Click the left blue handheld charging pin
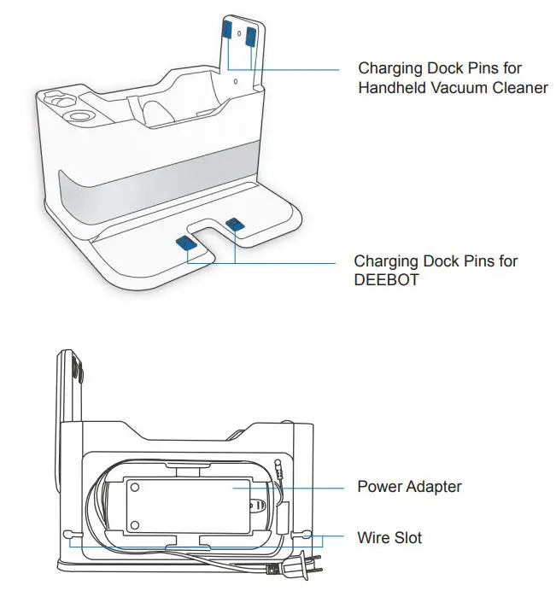[227, 31]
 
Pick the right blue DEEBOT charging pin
[234, 225]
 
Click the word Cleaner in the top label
[521, 88]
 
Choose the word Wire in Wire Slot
[373, 537]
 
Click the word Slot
[407, 537]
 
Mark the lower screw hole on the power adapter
[135, 524]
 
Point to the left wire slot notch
[68, 535]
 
